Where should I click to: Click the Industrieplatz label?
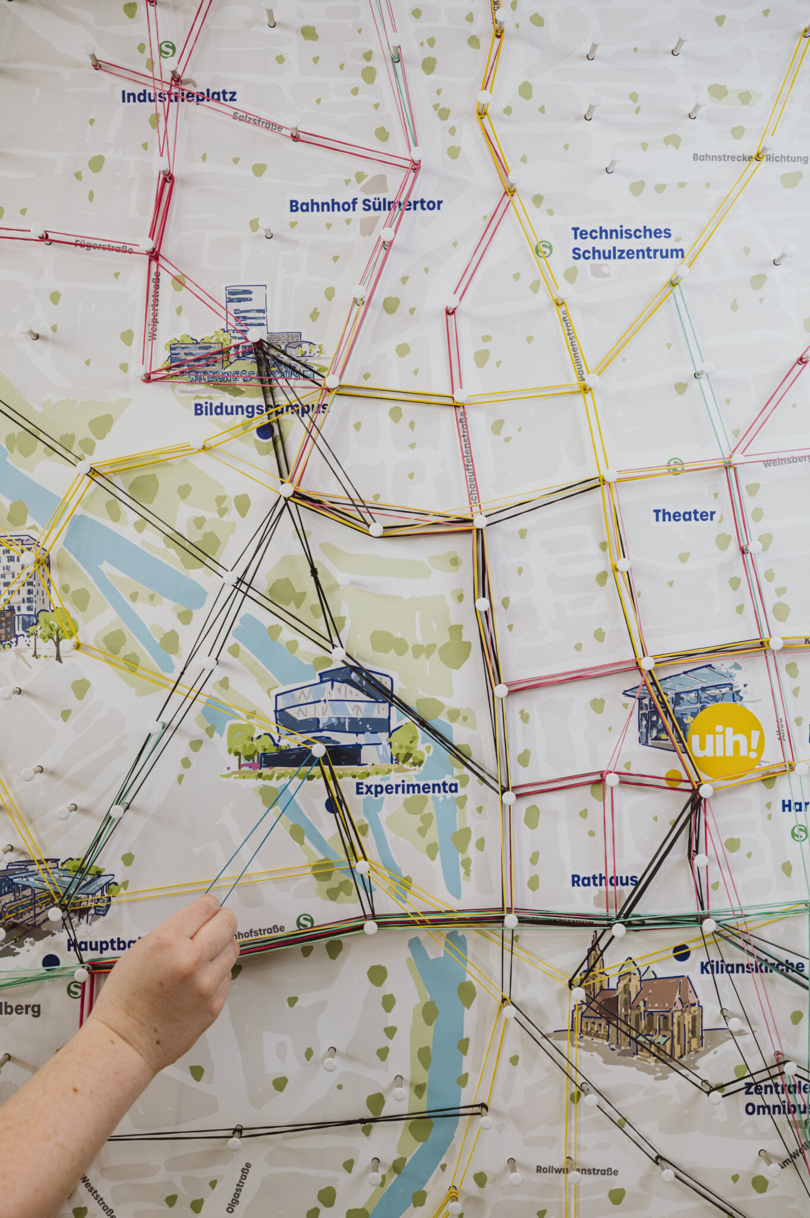pos(178,96)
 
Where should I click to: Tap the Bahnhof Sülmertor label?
pos(365,205)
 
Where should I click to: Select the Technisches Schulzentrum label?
pos(627,243)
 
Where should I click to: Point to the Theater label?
pos(683,515)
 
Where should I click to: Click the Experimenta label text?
pos(406,788)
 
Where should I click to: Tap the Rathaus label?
pos(604,880)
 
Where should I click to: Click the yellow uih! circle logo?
pos(726,741)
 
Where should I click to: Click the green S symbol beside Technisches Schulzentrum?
pos(543,249)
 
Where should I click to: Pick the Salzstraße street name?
pos(257,118)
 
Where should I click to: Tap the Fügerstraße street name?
pos(103,246)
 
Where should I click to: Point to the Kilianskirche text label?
pos(751,966)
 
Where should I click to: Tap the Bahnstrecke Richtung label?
pos(749,158)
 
